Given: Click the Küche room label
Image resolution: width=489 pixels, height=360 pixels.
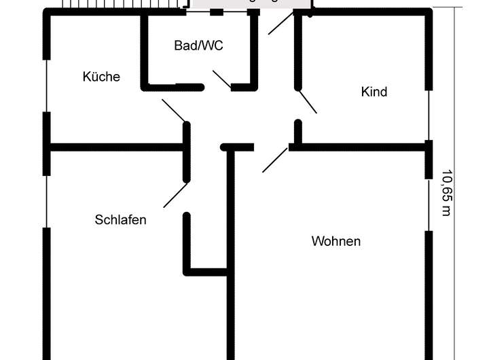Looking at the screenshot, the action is pos(101,77).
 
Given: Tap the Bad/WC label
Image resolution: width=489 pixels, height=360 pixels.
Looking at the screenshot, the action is pos(198,46).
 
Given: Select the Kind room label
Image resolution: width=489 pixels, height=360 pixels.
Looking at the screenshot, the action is pos(374,91).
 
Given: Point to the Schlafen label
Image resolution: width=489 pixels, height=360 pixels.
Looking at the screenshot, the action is pos(121,220).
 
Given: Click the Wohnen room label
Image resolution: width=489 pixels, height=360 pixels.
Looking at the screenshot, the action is pos(336,241).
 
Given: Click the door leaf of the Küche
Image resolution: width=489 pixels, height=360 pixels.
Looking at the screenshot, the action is pos(174,111).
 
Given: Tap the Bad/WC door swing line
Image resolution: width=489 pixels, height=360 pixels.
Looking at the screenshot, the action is pos(222,79).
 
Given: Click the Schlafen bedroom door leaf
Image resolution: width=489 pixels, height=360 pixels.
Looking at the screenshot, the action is pos(175,194).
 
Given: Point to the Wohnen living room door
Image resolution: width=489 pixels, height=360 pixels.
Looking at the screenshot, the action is pos(275,159).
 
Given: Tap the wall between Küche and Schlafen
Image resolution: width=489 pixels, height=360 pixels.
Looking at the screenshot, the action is pos(115,146).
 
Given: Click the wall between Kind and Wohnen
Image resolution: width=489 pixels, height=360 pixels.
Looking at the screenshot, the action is pos(360,146).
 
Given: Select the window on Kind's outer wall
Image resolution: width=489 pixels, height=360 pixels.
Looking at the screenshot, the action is pos(429,115).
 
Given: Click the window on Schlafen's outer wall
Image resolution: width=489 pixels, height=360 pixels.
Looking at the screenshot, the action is pos(46,201).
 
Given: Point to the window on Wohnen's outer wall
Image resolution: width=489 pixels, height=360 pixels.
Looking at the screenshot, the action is pos(429,204).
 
